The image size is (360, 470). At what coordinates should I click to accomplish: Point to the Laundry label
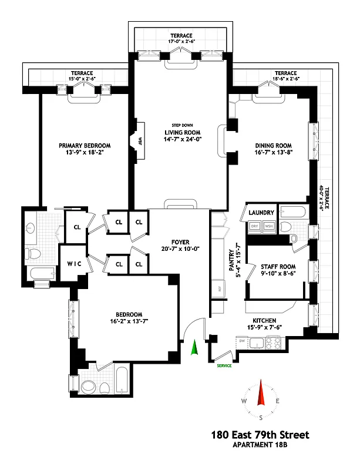pyautogui.click(x=259, y=213)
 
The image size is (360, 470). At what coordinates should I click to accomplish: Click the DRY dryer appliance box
pyautogui.click(x=255, y=226)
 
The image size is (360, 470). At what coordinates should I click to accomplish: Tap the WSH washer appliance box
pyautogui.click(x=268, y=226)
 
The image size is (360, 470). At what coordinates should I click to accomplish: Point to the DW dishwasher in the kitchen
pyautogui.click(x=242, y=341)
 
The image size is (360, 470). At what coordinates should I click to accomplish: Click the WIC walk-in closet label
pyautogui.click(x=75, y=264)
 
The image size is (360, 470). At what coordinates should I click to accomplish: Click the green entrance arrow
pyautogui.click(x=195, y=350)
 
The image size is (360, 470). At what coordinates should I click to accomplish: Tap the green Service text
pyautogui.click(x=224, y=365)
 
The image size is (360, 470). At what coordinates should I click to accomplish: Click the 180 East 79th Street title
pyautogui.click(x=259, y=435)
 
